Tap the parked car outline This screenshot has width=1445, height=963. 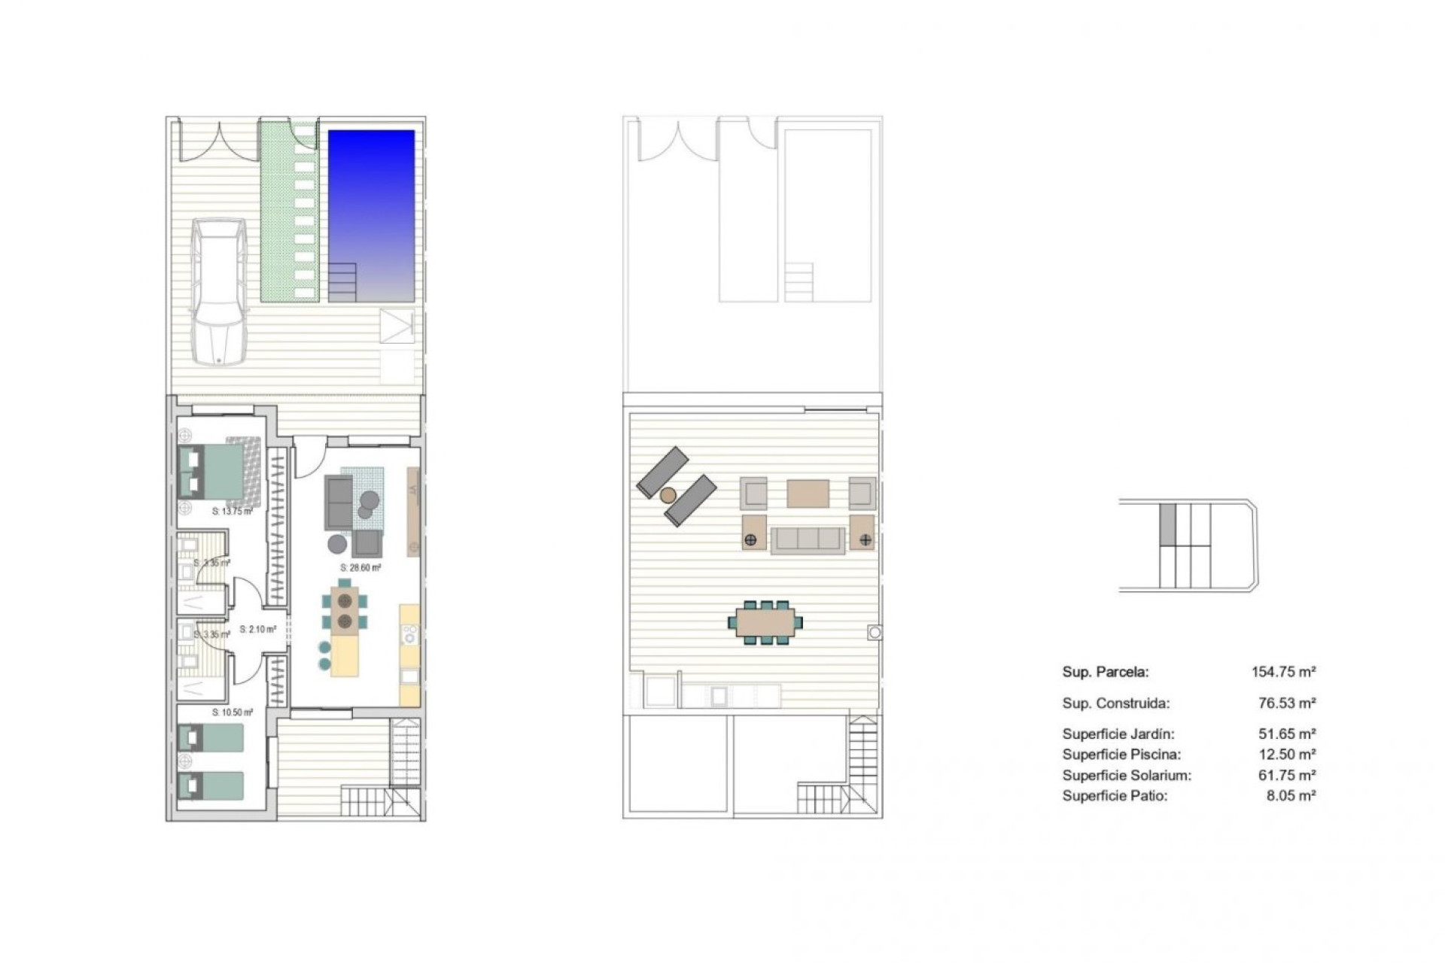coord(218,292)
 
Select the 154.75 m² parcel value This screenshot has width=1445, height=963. coord(1283,672)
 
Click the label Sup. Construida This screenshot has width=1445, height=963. coord(1115,703)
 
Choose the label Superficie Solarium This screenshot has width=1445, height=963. coord(1127,775)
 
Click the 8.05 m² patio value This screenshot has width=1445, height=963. coord(1291,795)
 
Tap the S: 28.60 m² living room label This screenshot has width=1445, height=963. coord(360,568)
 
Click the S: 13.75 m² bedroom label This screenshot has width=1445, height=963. coord(232,512)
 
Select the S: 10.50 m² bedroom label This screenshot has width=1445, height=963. coord(232,712)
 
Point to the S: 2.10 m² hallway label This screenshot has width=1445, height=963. coord(257,629)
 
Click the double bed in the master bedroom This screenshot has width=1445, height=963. coord(215,472)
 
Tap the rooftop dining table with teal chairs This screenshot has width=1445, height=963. coord(765,622)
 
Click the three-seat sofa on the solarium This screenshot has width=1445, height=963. coord(808,539)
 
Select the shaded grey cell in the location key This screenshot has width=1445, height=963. coord(1167,524)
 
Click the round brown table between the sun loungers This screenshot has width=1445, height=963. coord(668,495)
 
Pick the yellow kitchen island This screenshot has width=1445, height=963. coord(345,656)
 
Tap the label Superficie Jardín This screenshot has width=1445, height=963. coord(1118,734)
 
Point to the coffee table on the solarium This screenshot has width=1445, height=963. coord(808,494)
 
